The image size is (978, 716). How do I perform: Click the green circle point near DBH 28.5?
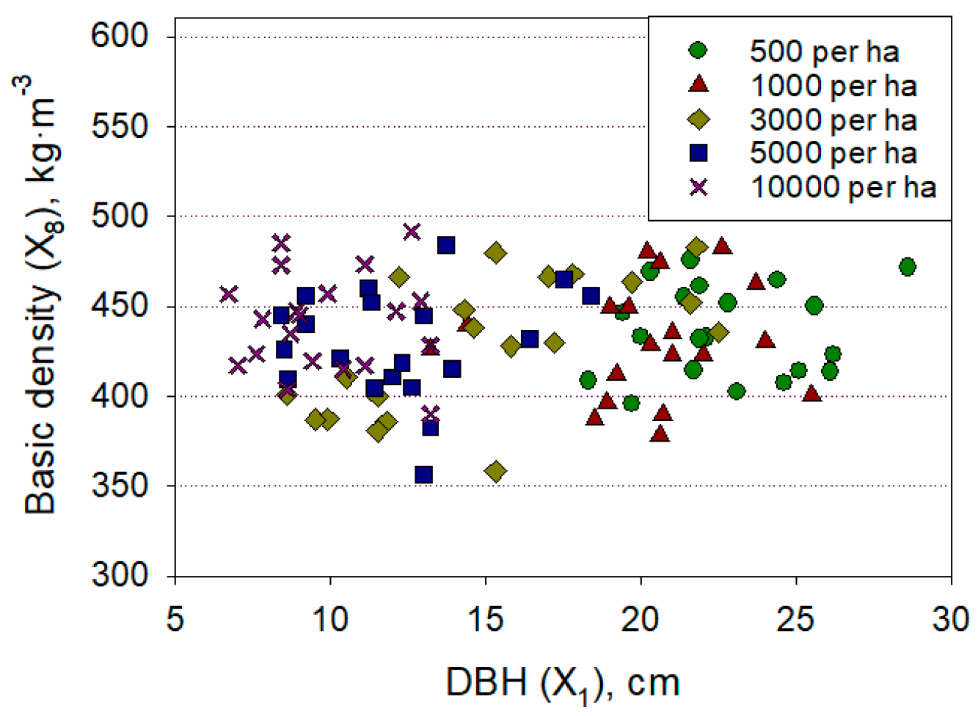(x=907, y=266)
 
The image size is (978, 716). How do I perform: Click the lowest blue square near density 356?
(x=423, y=475)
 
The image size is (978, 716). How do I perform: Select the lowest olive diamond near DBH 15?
(x=496, y=471)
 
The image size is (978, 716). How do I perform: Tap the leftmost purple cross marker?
(x=229, y=294)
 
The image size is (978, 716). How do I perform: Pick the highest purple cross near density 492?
(x=412, y=232)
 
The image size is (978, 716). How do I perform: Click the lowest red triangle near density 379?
(x=660, y=433)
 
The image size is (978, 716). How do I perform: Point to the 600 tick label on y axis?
(x=120, y=35)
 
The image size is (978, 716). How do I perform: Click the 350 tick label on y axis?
(x=120, y=485)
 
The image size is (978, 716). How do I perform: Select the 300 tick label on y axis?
(x=120, y=574)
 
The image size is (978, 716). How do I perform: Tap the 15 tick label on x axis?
(x=485, y=619)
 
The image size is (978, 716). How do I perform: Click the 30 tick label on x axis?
(x=951, y=619)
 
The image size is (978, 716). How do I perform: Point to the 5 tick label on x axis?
(x=175, y=619)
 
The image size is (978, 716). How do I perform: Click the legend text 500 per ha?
(x=823, y=51)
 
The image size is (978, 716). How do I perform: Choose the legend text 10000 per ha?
(x=843, y=187)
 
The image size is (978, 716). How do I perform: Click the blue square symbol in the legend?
(x=698, y=153)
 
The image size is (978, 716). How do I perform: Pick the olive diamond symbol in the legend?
(x=698, y=119)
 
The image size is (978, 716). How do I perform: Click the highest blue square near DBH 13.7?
(x=446, y=245)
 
